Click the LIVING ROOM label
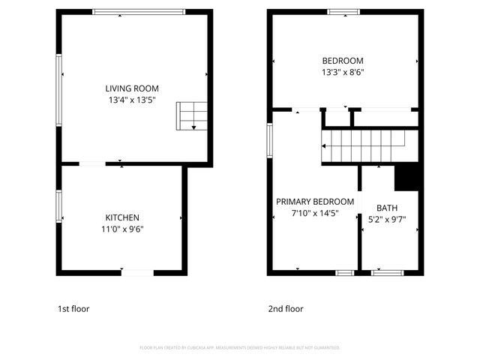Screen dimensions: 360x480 pyautogui.click(x=132, y=88)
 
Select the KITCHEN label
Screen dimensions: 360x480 pyautogui.click(x=122, y=217)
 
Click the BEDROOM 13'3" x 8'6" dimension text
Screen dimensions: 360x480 pyautogui.click(x=343, y=73)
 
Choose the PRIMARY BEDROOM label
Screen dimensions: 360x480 pyautogui.click(x=315, y=202)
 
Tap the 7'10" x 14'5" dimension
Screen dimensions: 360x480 pyautogui.click(x=315, y=213)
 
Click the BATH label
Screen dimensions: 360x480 pyautogui.click(x=387, y=208)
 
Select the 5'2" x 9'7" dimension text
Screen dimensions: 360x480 pyautogui.click(x=387, y=220)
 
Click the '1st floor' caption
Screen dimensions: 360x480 pyautogui.click(x=74, y=308)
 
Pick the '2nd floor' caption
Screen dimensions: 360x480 pyautogui.click(x=286, y=308)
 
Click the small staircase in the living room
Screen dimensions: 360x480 pyautogui.click(x=191, y=115)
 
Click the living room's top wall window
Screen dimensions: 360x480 pyautogui.click(x=139, y=12)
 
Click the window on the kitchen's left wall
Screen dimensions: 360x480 pyautogui.click(x=59, y=205)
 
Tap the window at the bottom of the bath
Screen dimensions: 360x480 pyautogui.click(x=387, y=271)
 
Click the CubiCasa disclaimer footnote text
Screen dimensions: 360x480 pyautogui.click(x=240, y=348)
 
